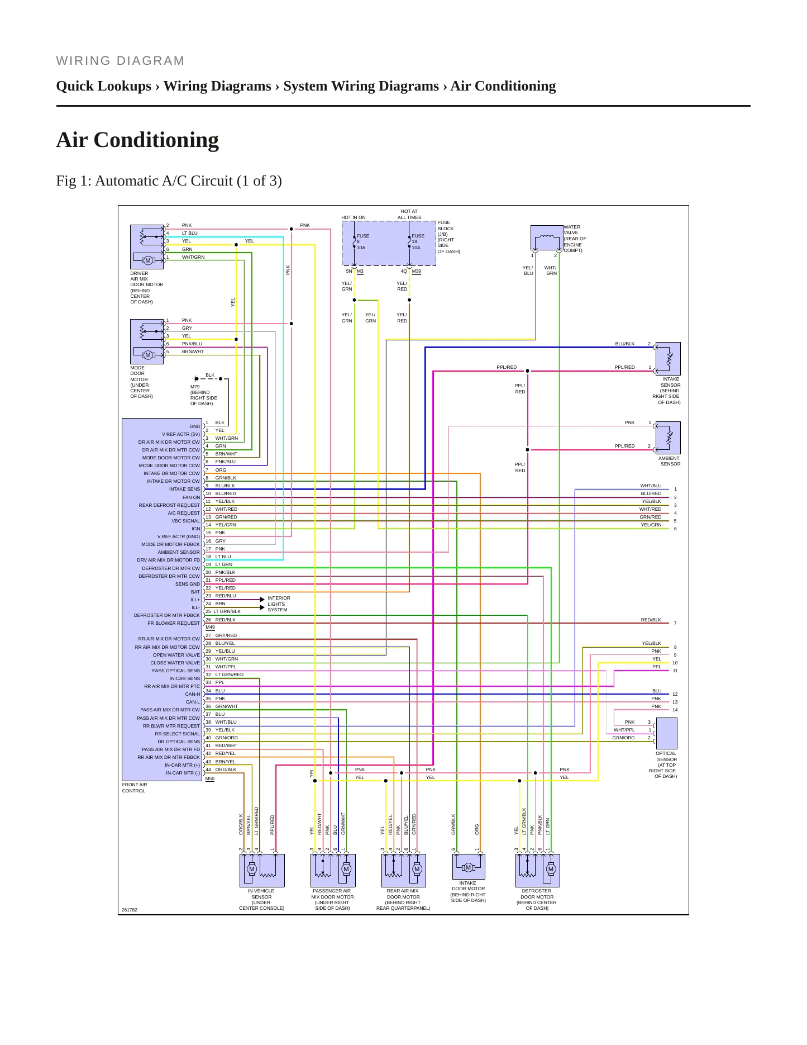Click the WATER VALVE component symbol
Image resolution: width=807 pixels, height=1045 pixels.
tap(547, 237)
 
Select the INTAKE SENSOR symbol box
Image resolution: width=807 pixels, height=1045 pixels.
tap(668, 358)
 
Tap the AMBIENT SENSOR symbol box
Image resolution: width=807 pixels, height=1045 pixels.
tap(668, 438)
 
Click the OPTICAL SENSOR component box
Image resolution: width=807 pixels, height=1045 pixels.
tap(666, 733)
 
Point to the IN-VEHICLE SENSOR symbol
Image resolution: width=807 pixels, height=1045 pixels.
tap(262, 870)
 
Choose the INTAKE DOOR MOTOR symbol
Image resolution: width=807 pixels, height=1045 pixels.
tap(469, 866)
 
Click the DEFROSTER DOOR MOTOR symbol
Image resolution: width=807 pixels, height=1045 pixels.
tap(537, 870)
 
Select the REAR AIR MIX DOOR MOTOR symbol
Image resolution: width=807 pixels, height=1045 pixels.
tap(404, 870)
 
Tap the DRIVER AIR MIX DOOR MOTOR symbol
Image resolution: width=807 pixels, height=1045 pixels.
tap(147, 247)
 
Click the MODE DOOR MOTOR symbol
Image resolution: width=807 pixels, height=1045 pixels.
tap(147, 341)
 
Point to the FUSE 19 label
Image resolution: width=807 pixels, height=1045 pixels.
tap(418, 239)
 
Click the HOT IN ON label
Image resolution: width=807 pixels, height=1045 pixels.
tap(354, 217)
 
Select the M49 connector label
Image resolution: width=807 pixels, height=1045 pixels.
tap(210, 627)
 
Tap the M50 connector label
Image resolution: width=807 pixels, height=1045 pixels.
tap(210, 778)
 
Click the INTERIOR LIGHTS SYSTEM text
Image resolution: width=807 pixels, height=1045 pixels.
tap(279, 604)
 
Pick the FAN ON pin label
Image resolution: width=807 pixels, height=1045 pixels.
tap(191, 497)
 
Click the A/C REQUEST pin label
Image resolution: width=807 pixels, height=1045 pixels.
tap(184, 513)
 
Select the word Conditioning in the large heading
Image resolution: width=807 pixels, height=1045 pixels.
tap(156, 140)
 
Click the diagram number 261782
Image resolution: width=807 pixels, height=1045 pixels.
tap(129, 910)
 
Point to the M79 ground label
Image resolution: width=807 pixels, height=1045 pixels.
tap(195, 387)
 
